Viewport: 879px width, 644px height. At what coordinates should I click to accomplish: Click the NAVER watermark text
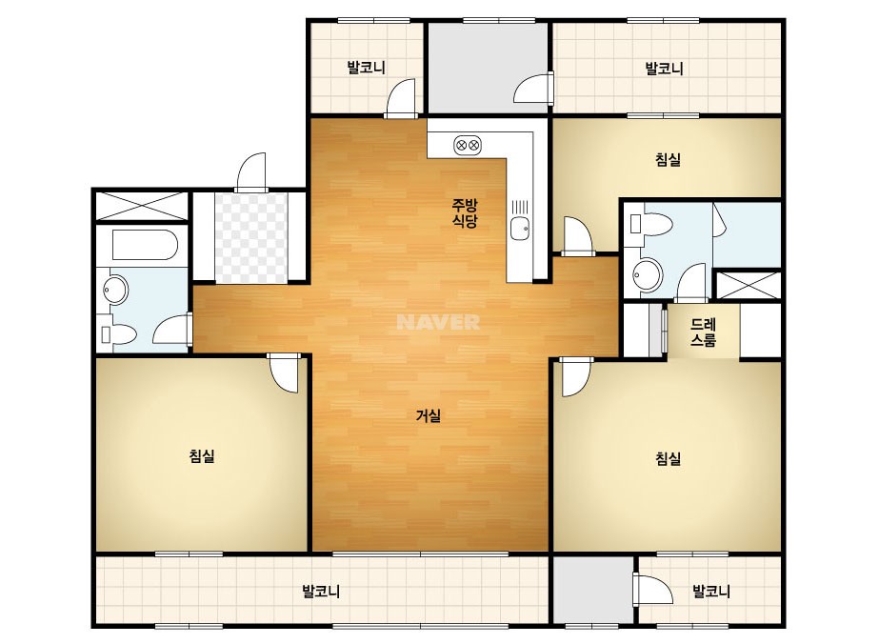(438, 322)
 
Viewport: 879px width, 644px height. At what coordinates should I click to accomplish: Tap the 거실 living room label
(429, 415)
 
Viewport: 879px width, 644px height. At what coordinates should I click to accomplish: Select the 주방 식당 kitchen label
(465, 212)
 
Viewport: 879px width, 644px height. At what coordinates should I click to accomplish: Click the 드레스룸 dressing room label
(703, 332)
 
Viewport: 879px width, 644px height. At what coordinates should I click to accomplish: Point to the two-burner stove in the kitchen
(468, 146)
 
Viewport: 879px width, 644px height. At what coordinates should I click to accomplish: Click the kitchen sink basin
(520, 229)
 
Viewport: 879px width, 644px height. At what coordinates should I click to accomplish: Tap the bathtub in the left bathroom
(145, 245)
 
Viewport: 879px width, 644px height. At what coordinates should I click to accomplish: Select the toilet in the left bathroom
(119, 334)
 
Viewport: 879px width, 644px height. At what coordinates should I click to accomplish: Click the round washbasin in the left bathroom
(115, 290)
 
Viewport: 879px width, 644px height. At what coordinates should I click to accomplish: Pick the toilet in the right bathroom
(650, 223)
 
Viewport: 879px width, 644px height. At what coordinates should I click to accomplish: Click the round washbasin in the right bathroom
(648, 275)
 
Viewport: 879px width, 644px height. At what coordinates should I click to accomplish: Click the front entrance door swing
(250, 171)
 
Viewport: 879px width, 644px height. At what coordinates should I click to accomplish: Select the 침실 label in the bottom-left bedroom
(202, 456)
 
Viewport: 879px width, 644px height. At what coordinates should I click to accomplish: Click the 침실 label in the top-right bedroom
(668, 159)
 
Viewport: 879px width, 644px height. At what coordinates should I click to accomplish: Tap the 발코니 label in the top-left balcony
(366, 68)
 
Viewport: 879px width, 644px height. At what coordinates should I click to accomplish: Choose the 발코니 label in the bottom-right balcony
(711, 591)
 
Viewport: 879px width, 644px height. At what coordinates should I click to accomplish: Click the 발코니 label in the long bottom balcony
(321, 591)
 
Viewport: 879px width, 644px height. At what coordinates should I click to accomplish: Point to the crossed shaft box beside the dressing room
(749, 285)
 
